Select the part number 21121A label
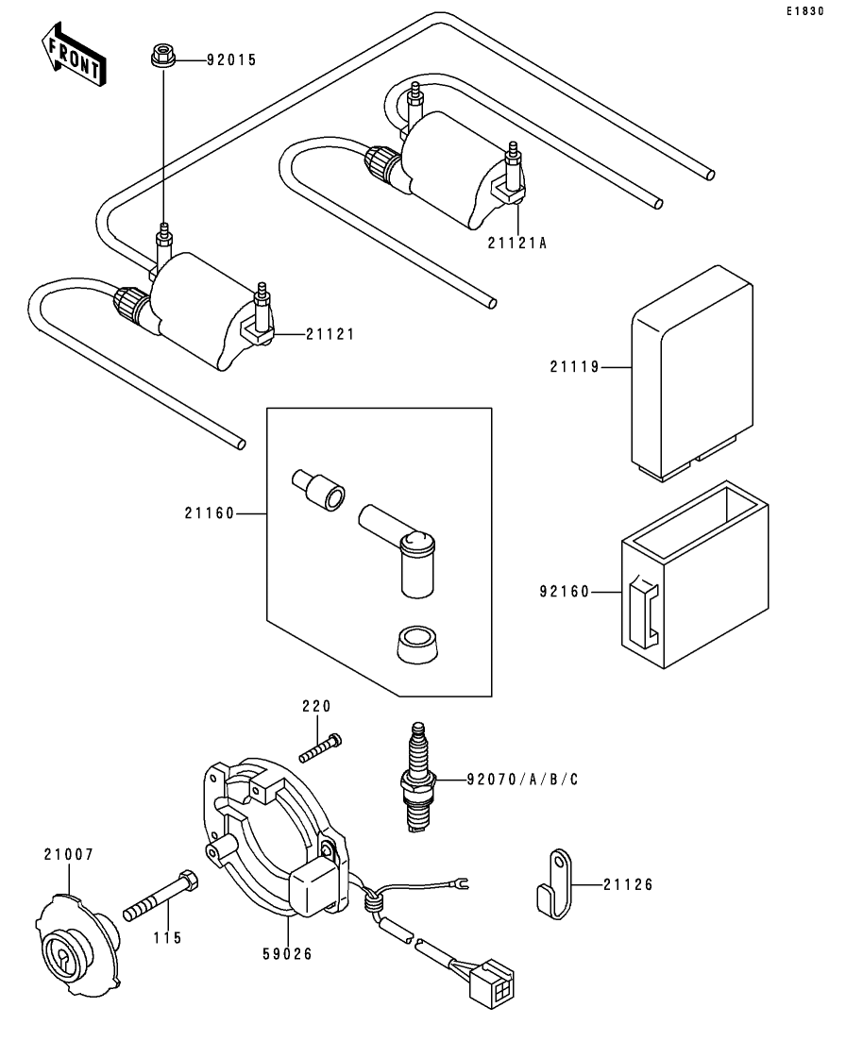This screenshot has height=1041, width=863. pyautogui.click(x=517, y=243)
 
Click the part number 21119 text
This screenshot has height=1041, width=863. pyautogui.click(x=575, y=366)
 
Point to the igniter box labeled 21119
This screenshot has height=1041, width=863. pyautogui.click(x=691, y=373)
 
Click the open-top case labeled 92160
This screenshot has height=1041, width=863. pyautogui.click(x=695, y=574)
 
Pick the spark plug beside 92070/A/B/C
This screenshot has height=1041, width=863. pyautogui.click(x=418, y=777)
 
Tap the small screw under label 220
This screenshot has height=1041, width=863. pyautogui.click(x=320, y=748)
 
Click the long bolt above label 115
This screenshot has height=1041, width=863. pyautogui.click(x=161, y=896)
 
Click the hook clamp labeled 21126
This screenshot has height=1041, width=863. pyautogui.click(x=555, y=883)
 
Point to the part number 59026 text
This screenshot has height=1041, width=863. pyautogui.click(x=287, y=954)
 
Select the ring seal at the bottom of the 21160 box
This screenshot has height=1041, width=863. pyautogui.click(x=417, y=645)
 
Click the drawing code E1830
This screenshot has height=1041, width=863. pyautogui.click(x=805, y=11)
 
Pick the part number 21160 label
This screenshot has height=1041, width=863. pyautogui.click(x=210, y=513)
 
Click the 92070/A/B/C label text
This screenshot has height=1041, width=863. pyautogui.click(x=522, y=780)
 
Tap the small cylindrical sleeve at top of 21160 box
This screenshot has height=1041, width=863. pyautogui.click(x=318, y=490)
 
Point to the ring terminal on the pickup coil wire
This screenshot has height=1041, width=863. pyautogui.click(x=460, y=882)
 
